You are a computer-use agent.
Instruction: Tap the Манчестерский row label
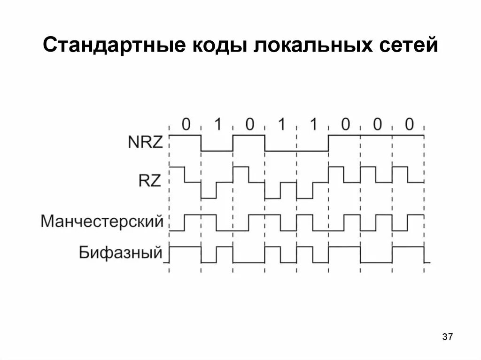click(102, 221)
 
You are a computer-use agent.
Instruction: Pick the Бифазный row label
click(120, 253)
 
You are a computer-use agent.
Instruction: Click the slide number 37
click(447, 337)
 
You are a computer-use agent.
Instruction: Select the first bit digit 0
click(186, 124)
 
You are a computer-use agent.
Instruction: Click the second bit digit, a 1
click(217, 124)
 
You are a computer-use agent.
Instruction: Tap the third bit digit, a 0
click(249, 124)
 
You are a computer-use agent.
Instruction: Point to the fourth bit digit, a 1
click(281, 124)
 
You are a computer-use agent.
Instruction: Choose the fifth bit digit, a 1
click(313, 124)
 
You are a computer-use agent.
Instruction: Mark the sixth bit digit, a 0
click(345, 124)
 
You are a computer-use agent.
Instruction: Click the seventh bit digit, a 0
click(377, 124)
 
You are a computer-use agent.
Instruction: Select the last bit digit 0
click(409, 124)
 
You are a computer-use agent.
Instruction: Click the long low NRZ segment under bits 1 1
click(296, 151)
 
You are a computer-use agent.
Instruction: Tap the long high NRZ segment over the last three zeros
click(376, 135)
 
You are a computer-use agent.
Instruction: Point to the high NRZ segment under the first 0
click(185, 135)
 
